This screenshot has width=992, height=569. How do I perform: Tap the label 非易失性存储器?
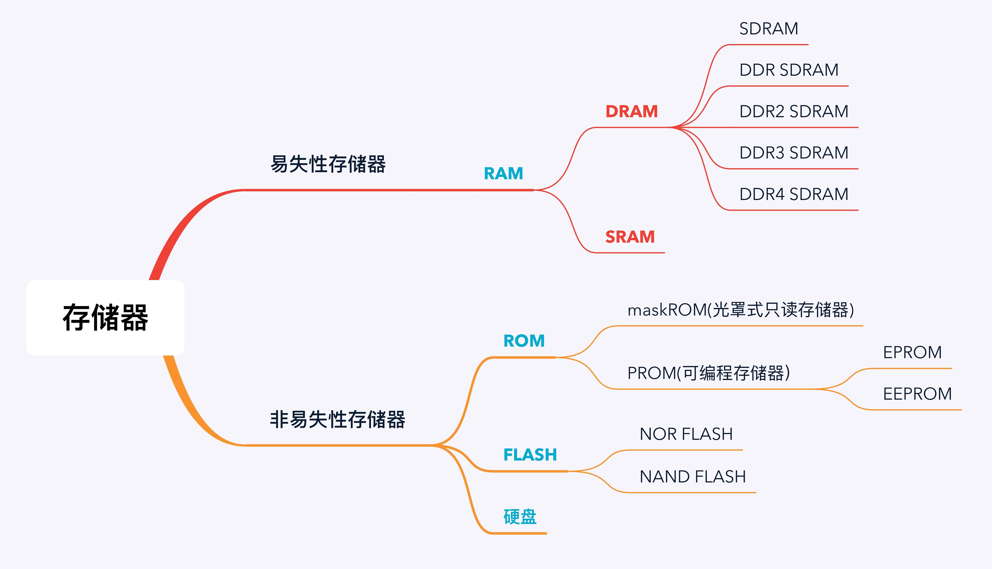click(337, 419)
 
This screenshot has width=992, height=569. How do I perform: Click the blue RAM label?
click(504, 173)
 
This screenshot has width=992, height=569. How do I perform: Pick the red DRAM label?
click(632, 111)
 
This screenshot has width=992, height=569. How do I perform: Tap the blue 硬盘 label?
click(520, 517)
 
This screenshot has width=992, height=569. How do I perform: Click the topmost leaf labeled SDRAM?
click(769, 29)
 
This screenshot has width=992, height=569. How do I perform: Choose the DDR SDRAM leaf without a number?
click(789, 70)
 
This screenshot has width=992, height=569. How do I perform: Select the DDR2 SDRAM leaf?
click(794, 111)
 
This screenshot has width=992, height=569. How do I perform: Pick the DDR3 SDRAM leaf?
click(794, 152)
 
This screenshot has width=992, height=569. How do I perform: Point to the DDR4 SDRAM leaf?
click(794, 194)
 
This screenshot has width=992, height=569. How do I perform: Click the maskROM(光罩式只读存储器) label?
click(741, 310)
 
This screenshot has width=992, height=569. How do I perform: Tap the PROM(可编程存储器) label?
click(708, 373)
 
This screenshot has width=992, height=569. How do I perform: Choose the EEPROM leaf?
click(917, 394)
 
